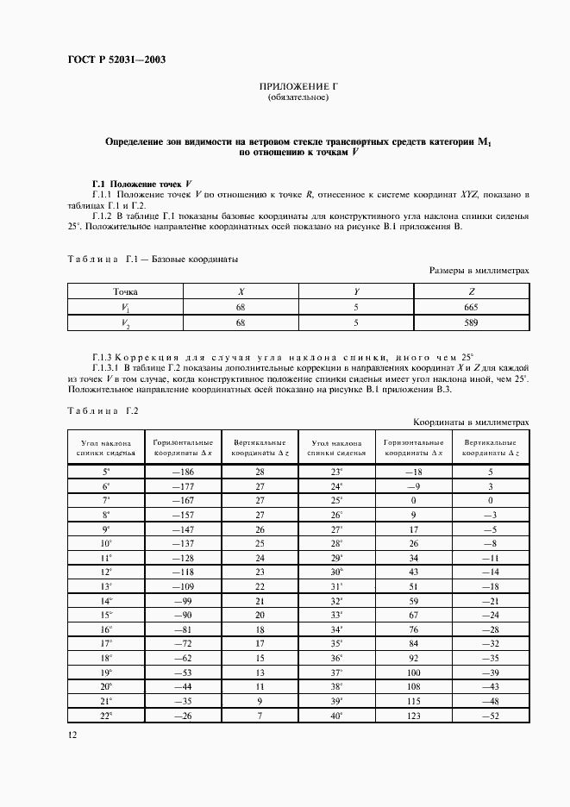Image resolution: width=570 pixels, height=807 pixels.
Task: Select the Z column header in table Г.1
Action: pos(472,291)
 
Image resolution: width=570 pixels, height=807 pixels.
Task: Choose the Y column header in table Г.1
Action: pos(355,291)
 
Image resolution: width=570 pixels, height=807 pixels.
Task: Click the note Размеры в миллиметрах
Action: pos(479,271)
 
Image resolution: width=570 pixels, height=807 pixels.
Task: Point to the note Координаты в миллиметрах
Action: pos(471,422)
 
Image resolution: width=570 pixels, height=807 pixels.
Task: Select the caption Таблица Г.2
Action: pos(97,410)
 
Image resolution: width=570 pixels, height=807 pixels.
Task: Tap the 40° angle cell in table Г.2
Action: pos(336,716)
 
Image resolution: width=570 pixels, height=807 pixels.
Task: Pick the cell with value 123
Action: pos(413,716)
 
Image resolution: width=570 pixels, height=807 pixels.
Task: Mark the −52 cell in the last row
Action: pos(490,716)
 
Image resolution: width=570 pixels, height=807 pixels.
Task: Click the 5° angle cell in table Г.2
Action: pos(106,472)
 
